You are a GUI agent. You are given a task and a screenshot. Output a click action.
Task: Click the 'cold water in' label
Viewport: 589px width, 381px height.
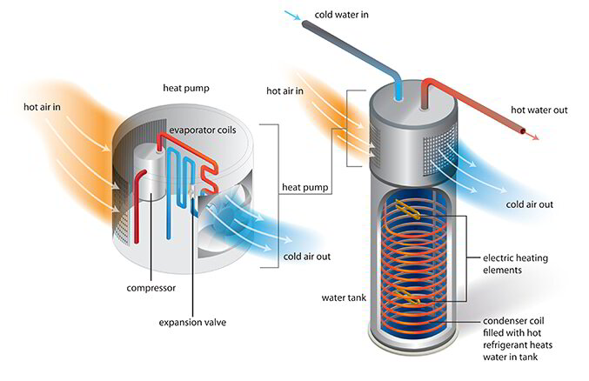point(341,15)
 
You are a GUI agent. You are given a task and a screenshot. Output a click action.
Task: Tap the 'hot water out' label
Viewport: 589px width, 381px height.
point(539,110)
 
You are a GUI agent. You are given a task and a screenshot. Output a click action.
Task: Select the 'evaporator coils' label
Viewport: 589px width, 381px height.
point(203,130)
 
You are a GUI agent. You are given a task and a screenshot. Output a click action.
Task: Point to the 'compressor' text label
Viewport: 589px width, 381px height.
point(151,288)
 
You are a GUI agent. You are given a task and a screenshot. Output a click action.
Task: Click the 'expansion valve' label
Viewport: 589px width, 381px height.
point(192,323)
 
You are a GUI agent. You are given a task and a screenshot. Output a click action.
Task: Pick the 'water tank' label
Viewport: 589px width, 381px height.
point(344,298)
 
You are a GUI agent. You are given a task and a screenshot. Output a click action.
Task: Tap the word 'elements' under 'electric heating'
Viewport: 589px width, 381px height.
point(502,271)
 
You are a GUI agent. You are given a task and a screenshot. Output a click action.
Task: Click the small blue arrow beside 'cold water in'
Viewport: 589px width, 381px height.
point(292,15)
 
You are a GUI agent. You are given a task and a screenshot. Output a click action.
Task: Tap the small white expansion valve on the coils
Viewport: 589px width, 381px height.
point(192,191)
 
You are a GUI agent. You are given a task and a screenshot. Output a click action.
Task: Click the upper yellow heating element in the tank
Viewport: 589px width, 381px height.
point(407,209)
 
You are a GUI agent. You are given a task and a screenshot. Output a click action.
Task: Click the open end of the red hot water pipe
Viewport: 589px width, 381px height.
point(523,130)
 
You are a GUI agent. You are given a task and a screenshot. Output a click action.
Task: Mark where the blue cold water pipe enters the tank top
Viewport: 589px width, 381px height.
point(398,98)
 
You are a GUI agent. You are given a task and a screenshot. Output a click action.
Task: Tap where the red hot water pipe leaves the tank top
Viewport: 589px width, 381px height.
point(424,108)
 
